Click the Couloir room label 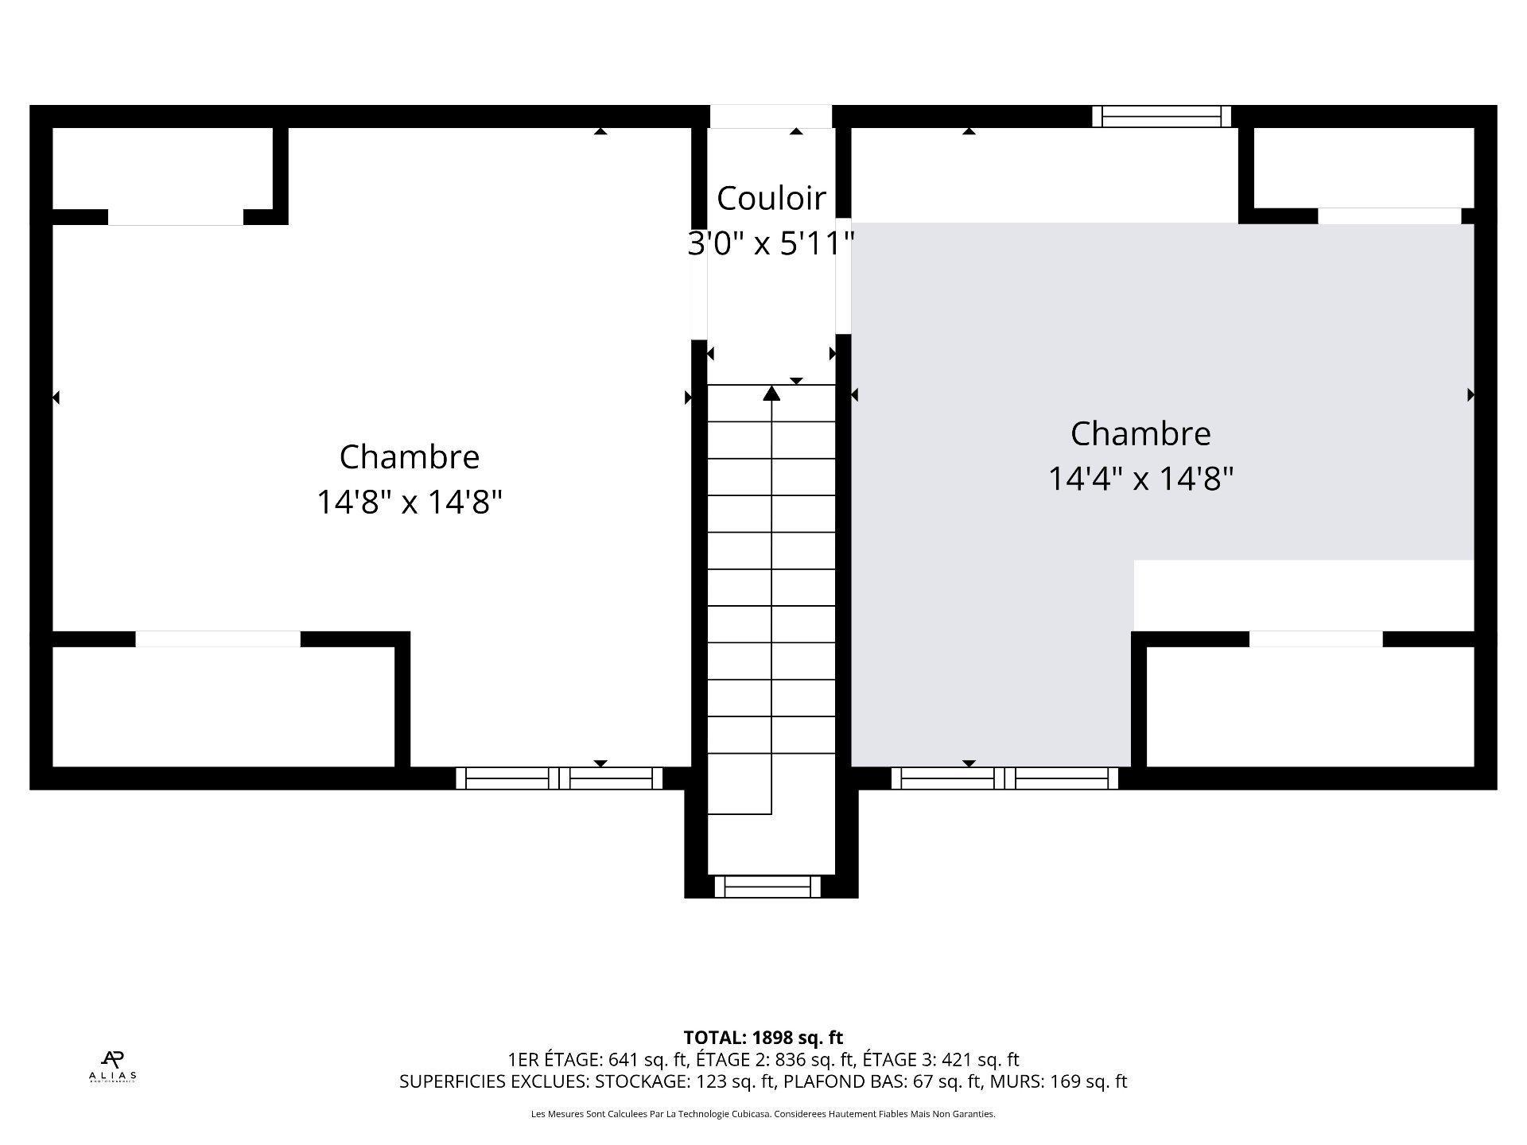tap(771, 198)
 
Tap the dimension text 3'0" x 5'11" tap(771, 243)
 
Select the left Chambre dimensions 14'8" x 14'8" tap(409, 502)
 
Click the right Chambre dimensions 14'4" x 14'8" tap(1140, 479)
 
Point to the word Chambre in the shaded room tap(1140, 433)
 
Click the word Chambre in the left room tap(409, 456)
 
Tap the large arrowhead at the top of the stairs tap(771, 393)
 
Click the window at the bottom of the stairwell tap(767, 886)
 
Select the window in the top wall tap(1161, 117)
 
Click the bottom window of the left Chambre tap(559, 778)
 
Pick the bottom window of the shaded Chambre tap(1004, 778)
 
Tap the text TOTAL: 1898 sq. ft tap(763, 1037)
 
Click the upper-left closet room tap(162, 169)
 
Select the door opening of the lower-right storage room tap(1315, 638)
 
